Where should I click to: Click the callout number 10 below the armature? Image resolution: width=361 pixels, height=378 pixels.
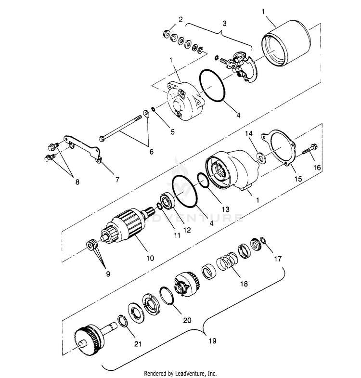(150, 258)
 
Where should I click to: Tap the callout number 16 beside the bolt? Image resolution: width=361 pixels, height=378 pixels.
(316, 167)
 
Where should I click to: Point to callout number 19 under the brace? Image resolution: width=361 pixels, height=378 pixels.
(212, 341)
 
